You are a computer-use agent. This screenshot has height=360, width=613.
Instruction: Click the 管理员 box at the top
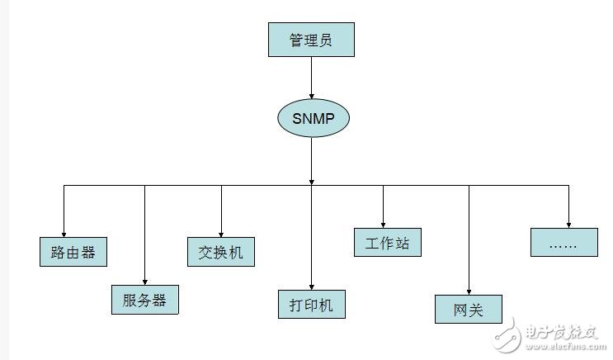311,40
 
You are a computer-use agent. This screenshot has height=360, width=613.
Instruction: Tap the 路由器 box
73,252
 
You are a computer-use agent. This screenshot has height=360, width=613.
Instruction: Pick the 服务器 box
144,300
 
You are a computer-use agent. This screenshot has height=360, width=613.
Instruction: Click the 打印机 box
311,304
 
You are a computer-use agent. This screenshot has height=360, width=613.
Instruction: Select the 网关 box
468,310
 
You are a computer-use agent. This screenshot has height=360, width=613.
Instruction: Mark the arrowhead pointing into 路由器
64,234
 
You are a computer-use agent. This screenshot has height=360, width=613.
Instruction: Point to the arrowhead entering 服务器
144,281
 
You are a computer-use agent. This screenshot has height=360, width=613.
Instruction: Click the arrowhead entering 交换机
221,234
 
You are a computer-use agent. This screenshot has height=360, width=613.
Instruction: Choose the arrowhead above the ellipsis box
568,223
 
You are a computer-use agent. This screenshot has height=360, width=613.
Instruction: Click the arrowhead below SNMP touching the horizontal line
311,181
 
